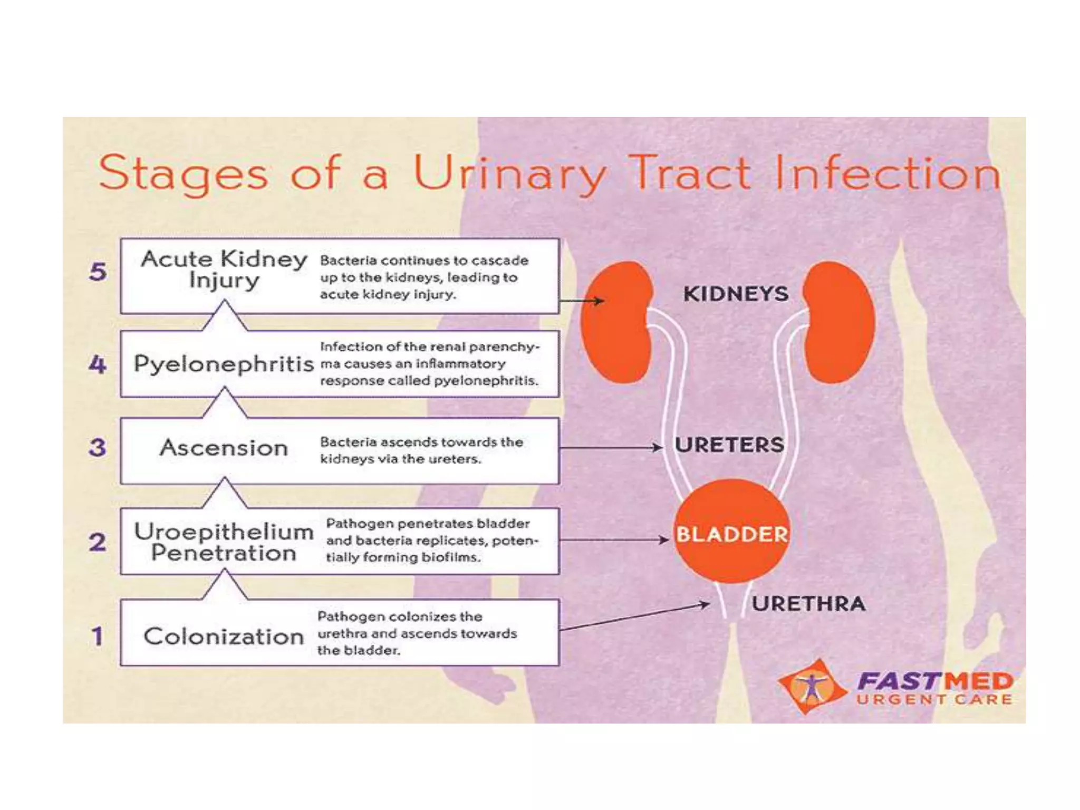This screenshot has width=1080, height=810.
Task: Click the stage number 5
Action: pos(98,272)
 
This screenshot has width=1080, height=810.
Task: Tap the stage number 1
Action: pos(97,635)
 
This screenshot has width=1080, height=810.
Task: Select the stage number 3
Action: pos(98,448)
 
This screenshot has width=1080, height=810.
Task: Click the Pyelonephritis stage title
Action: pos(224,364)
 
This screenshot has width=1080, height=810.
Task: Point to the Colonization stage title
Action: pos(224,637)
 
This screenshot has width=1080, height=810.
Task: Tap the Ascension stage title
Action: pos(224,448)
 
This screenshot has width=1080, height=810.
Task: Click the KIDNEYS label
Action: pos(736,294)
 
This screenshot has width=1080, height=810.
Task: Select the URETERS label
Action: pos(729,445)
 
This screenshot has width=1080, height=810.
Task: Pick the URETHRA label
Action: pos(808,604)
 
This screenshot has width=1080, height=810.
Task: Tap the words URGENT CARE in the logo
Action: pos(934,700)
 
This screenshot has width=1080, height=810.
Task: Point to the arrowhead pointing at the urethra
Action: pos(706,604)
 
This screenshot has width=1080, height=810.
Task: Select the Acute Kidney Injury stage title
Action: pos(224,269)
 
